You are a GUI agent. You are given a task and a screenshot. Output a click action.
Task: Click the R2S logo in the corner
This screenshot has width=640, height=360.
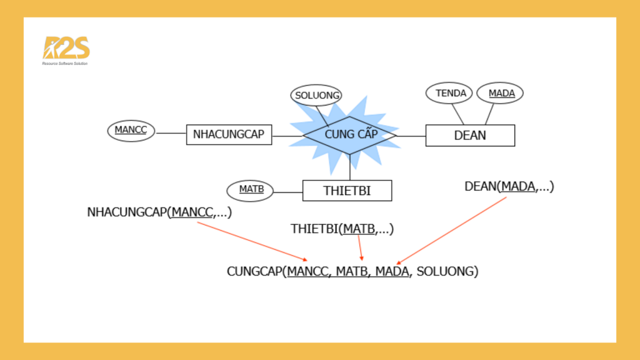pyautogui.click(x=66, y=50)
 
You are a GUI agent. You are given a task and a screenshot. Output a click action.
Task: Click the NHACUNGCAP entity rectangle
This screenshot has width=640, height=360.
pyautogui.click(x=229, y=134)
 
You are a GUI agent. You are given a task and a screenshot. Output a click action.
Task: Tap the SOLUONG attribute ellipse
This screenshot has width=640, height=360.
pyautogui.click(x=316, y=96)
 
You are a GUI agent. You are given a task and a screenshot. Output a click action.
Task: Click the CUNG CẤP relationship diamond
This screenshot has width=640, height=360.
pyautogui.click(x=350, y=135)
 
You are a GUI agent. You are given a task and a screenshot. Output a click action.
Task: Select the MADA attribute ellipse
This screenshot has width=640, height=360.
pyautogui.click(x=500, y=93)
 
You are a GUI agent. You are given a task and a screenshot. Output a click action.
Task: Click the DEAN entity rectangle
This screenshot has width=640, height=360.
pyautogui.click(x=470, y=135)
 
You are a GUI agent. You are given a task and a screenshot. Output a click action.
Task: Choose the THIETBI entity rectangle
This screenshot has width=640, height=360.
pyautogui.click(x=347, y=191)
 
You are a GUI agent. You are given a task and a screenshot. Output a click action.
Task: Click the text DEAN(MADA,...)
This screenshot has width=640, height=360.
pyautogui.click(x=509, y=186)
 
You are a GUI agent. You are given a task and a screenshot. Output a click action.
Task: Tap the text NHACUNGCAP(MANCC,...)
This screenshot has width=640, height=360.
pyautogui.click(x=159, y=212)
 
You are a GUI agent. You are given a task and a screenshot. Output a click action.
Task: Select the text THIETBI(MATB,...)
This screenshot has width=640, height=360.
pyautogui.click(x=342, y=229)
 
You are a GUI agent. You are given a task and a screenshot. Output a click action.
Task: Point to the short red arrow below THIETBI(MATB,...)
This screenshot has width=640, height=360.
pyautogui.click(x=361, y=248)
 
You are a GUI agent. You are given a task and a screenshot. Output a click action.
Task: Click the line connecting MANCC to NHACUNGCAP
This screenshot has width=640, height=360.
pyautogui.click(x=171, y=133)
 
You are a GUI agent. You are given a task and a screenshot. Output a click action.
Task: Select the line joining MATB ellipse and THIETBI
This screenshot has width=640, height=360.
pyautogui.click(x=288, y=191)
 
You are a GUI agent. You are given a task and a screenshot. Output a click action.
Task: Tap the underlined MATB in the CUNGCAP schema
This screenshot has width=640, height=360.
pyautogui.click(x=352, y=272)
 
